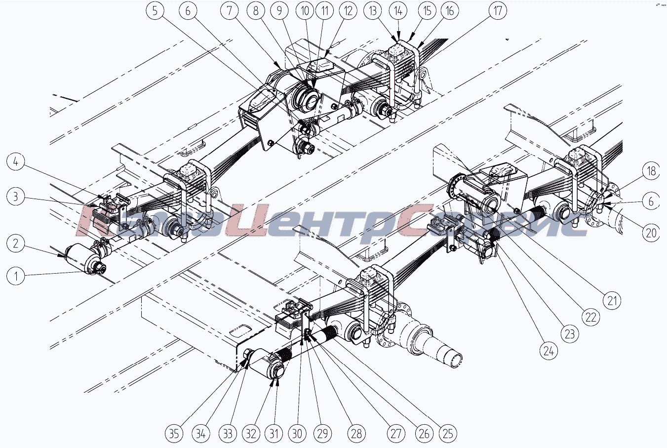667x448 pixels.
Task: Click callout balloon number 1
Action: pyautogui.click(x=16, y=276)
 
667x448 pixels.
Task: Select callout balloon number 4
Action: pyautogui.click(x=16, y=162)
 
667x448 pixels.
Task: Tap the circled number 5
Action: pyautogui.click(x=156, y=10)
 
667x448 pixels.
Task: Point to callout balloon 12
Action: pyautogui.click(x=348, y=10)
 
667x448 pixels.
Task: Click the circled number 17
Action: pyautogui.click(x=498, y=10)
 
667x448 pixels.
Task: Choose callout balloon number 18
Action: pyautogui.click(x=652, y=171)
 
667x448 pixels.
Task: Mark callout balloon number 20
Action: pyautogui.click(x=652, y=232)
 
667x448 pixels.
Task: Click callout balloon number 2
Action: pyautogui.click(x=16, y=243)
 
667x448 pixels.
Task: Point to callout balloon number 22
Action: pyautogui.click(x=591, y=317)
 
